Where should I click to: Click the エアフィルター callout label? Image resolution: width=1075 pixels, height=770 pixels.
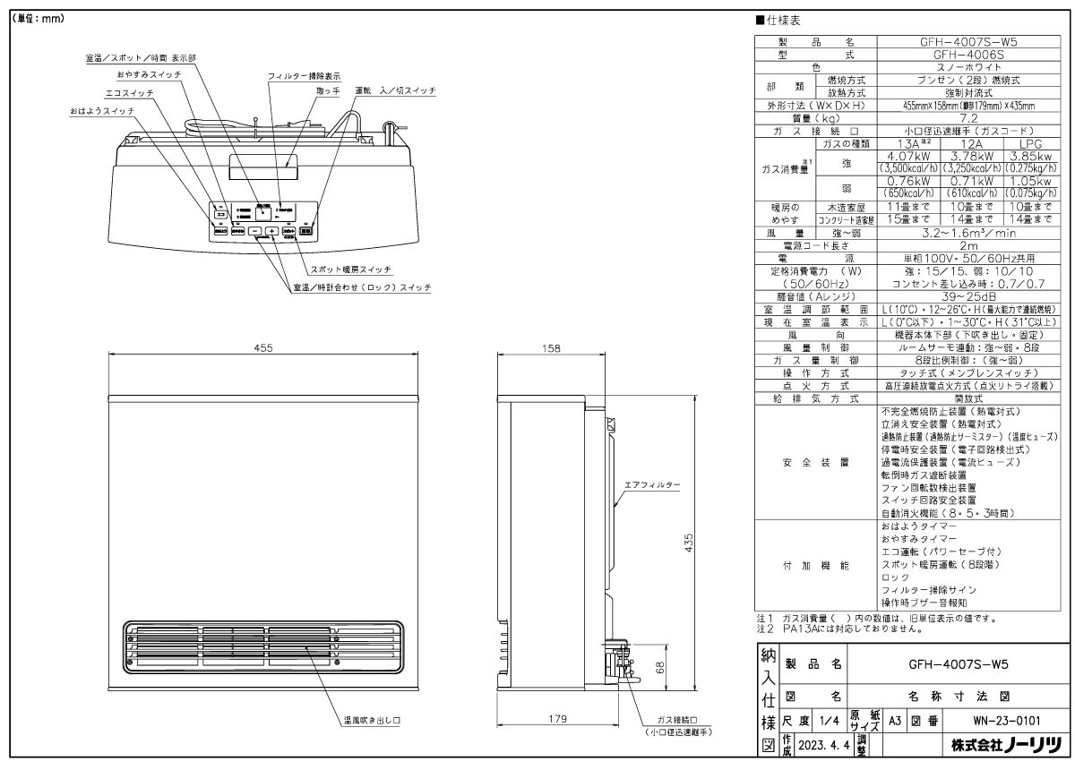pyautogui.click(x=653, y=483)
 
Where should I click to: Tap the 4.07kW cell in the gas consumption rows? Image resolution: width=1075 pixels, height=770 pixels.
pyautogui.click(x=898, y=156)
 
